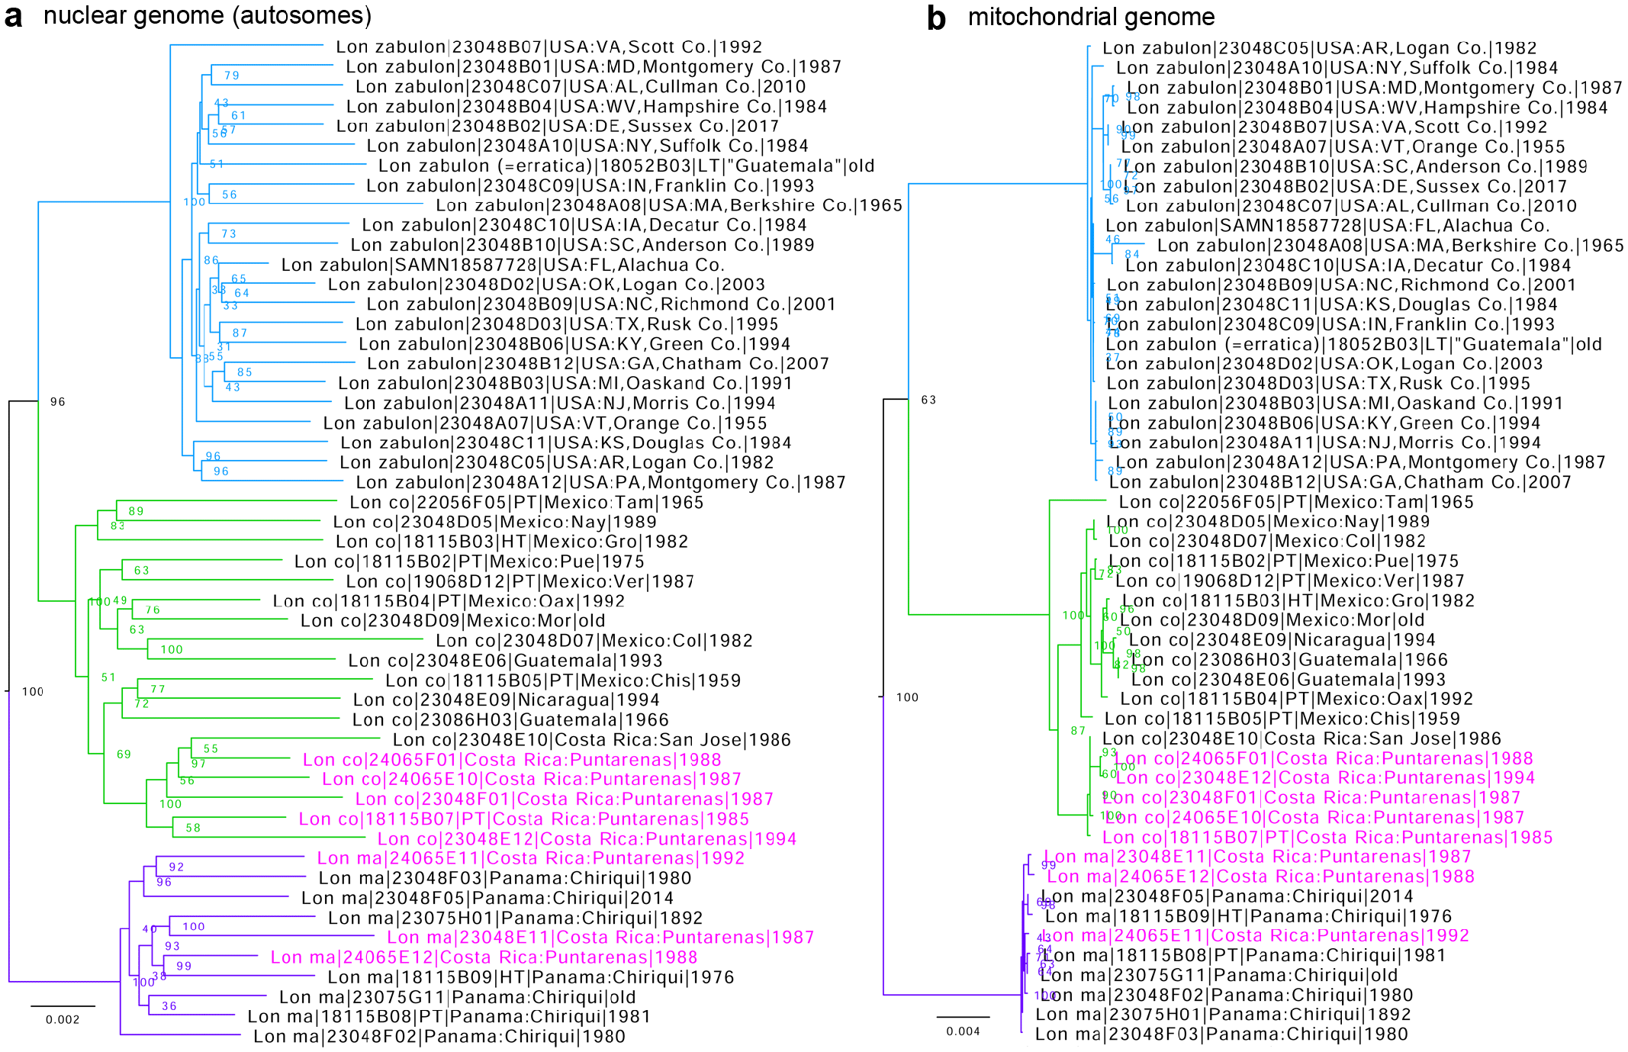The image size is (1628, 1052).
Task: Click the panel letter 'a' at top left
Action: [x=13, y=17]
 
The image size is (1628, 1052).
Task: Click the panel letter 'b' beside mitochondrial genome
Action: [x=936, y=18]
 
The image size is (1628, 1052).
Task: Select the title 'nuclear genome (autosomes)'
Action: [x=208, y=15]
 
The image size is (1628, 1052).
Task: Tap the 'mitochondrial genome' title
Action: [x=1091, y=17]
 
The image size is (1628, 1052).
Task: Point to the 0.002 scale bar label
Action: [x=63, y=1020]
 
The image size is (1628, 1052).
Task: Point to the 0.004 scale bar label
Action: [x=963, y=1031]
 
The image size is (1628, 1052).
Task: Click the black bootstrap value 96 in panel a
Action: [x=58, y=402]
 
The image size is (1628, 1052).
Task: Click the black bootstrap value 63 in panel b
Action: [x=928, y=400]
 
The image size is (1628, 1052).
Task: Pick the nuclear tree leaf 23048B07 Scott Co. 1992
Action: [x=549, y=47]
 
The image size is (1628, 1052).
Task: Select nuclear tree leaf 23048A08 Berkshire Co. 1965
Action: [x=668, y=205]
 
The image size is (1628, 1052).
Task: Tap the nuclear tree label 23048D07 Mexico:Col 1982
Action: [x=594, y=641]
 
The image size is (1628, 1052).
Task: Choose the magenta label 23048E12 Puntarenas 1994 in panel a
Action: [x=587, y=839]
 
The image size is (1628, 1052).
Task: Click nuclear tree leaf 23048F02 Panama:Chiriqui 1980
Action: [x=439, y=1037]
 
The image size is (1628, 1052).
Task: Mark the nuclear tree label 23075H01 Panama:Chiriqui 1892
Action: [x=515, y=918]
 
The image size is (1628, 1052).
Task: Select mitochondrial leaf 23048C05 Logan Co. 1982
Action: [x=1319, y=48]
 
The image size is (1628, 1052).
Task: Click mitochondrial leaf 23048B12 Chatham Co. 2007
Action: [x=1340, y=482]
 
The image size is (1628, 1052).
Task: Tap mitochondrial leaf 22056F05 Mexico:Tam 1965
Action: [x=1296, y=502]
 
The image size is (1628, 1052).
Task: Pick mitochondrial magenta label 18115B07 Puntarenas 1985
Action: [x=1327, y=838]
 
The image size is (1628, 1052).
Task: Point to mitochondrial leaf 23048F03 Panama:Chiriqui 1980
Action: [x=1221, y=1034]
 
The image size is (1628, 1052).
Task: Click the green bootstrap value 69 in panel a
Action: [x=124, y=754]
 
